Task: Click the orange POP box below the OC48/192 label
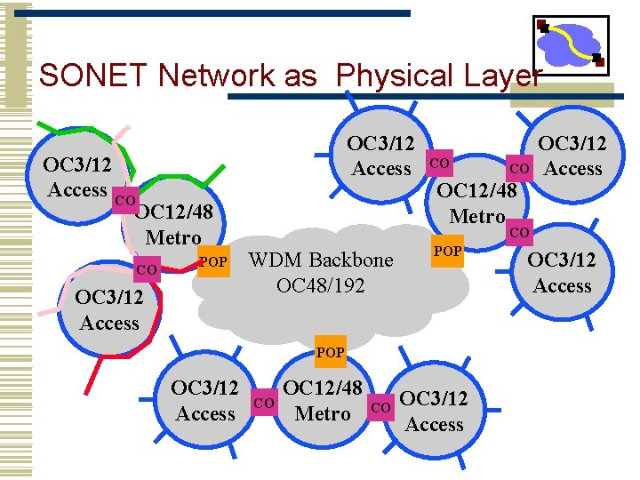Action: coord(330,352)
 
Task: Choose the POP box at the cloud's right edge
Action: coord(447,252)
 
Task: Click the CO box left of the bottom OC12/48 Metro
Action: coord(264,404)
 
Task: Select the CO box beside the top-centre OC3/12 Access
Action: coord(439,164)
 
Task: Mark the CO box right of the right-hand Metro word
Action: coord(519,233)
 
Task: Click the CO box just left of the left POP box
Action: coord(148,268)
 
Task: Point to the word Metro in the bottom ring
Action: coord(323,414)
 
